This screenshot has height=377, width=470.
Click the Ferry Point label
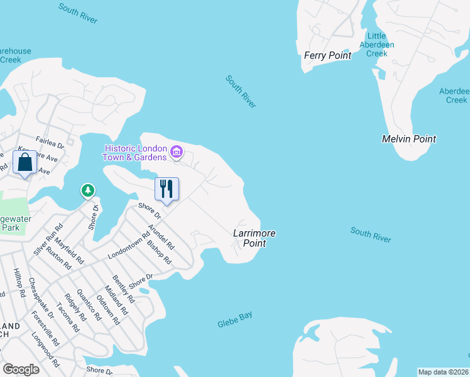tap(327, 55)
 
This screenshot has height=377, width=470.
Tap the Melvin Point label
tap(409, 139)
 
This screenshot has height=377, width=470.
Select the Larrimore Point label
tap(254, 238)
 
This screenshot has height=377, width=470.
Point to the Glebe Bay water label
tap(235, 320)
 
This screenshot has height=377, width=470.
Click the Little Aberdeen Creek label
tap(376, 45)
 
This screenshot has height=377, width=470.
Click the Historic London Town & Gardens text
tap(136, 153)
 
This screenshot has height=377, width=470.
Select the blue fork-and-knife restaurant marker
tap(167, 189)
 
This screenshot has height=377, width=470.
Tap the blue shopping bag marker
tap(25, 162)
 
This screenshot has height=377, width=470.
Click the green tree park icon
tap(88, 190)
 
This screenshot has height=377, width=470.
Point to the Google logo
tap(21, 369)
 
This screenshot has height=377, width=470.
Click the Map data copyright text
tap(443, 372)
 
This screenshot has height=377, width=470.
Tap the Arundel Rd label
tap(161, 237)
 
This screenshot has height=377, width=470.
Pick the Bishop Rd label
tap(158, 251)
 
